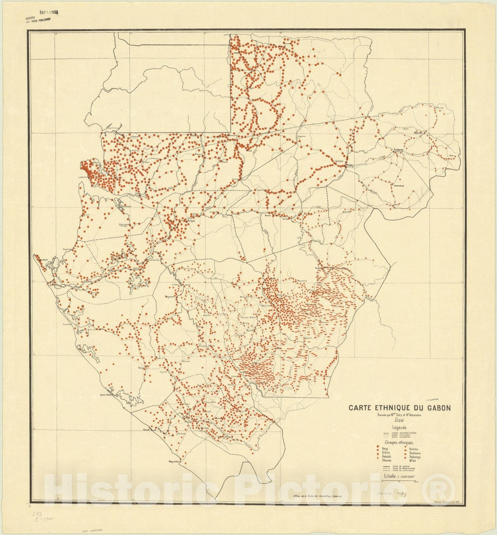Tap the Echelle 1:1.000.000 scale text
399,477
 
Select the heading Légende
399,427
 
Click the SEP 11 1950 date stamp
49,12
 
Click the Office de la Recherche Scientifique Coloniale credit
317,497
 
